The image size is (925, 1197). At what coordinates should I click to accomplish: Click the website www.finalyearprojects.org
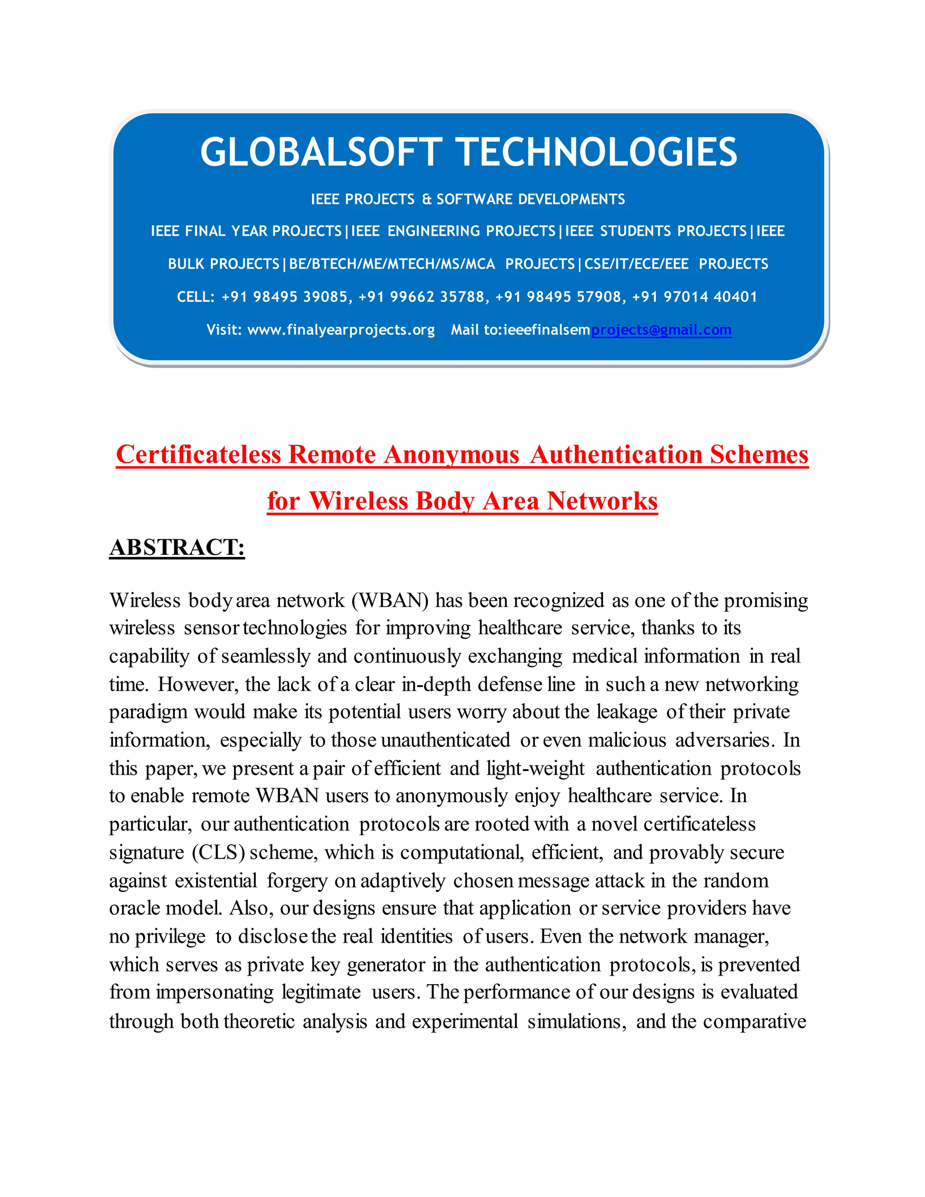pos(341,330)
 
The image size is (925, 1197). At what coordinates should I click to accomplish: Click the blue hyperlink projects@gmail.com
pos(661,330)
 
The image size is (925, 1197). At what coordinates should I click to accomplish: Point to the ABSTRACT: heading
pos(177,547)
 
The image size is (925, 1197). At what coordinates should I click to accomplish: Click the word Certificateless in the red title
pos(198,454)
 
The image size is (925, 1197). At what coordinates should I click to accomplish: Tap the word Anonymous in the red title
pos(451,454)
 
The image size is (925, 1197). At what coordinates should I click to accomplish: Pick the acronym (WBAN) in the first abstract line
pos(390,601)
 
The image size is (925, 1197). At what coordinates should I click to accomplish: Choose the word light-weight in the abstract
pos(535,768)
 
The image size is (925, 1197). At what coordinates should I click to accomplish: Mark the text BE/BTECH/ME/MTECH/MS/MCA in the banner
pos(392,264)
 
